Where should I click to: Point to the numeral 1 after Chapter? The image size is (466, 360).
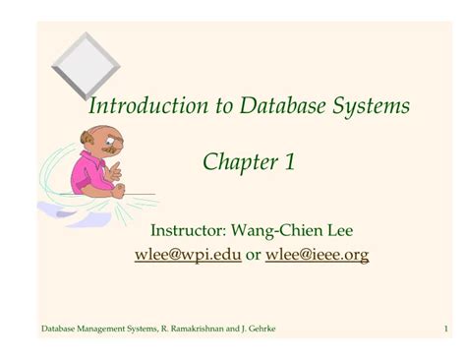290,162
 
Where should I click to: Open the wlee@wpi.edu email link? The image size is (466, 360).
188,256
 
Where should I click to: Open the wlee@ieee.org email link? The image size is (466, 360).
318,256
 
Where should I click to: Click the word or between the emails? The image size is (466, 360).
254,256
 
